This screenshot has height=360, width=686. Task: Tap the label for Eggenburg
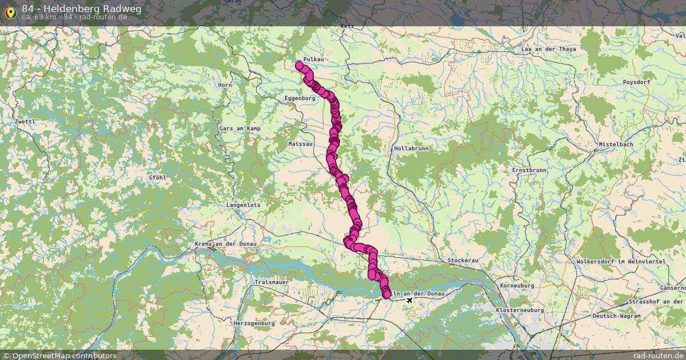click(300, 98)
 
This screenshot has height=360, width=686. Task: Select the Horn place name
click(225, 85)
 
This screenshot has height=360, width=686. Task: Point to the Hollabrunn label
click(411, 148)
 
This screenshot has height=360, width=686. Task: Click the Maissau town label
click(301, 144)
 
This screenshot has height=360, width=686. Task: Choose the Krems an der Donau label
click(226, 245)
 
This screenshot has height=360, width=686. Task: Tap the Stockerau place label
click(462, 260)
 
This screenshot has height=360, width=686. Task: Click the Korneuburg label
click(517, 285)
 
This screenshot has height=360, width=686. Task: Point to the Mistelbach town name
click(616, 145)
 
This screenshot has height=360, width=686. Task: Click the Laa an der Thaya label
click(549, 49)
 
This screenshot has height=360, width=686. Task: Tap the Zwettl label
click(26, 122)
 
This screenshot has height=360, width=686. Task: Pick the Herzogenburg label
click(254, 323)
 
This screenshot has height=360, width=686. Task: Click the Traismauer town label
click(272, 282)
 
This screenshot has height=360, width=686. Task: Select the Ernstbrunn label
click(529, 170)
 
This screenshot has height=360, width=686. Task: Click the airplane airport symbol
click(409, 299)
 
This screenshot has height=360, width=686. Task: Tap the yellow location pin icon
click(10, 11)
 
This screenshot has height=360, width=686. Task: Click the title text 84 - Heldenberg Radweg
click(81, 9)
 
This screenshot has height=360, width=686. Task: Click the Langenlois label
click(244, 204)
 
